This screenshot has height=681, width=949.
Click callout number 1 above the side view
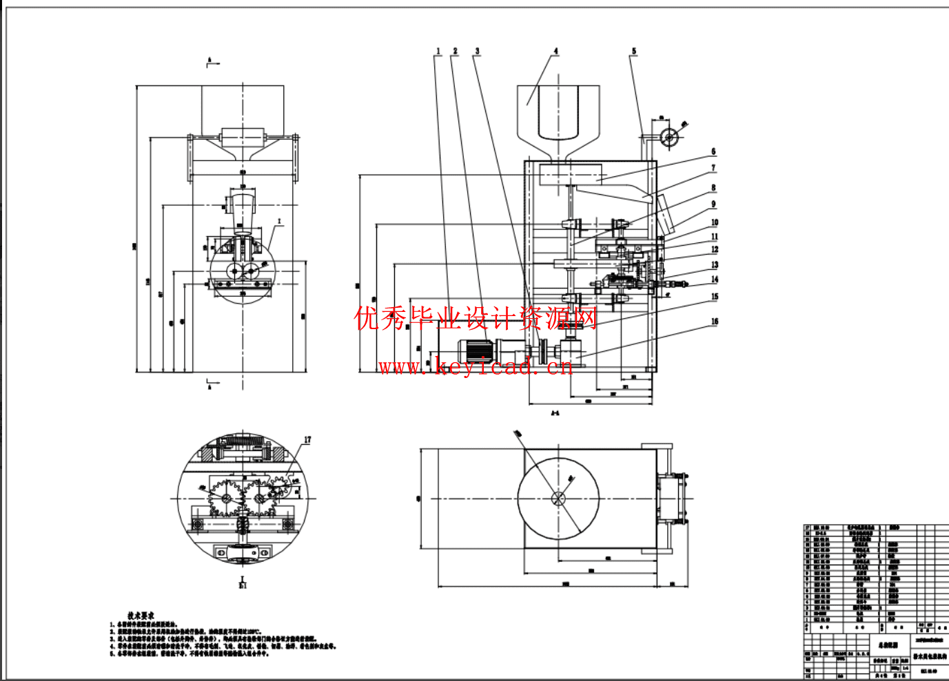click(x=438, y=52)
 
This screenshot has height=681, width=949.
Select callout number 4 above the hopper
click(x=555, y=52)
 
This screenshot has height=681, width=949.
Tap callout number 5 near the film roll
click(x=634, y=52)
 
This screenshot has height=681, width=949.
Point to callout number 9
click(x=713, y=204)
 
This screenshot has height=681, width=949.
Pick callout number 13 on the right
click(x=715, y=265)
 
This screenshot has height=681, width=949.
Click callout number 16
click(x=715, y=322)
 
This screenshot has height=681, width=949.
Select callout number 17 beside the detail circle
click(x=307, y=440)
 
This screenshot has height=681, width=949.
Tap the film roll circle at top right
click(x=669, y=138)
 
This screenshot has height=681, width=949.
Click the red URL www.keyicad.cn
click(x=476, y=366)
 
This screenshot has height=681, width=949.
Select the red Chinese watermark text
click(x=476, y=318)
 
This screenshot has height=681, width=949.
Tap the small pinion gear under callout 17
click(x=278, y=489)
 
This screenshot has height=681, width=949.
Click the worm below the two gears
click(x=242, y=526)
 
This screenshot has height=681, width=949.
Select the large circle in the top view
click(x=558, y=499)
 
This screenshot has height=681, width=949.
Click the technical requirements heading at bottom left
click(x=141, y=616)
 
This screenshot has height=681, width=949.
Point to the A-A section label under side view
click(x=555, y=414)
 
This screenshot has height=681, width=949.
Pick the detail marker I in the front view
click(x=279, y=222)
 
